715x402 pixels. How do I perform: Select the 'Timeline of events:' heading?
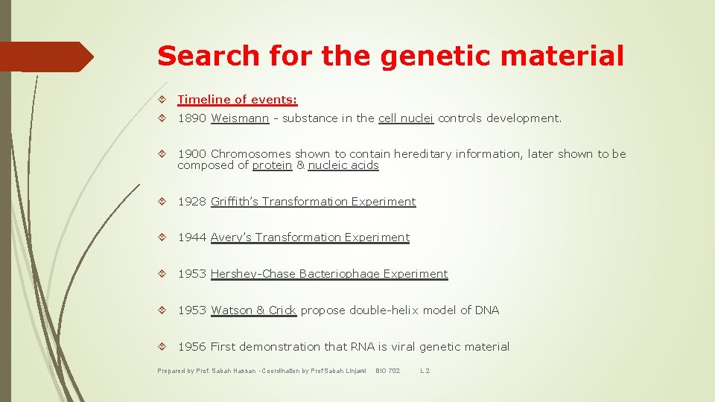237,100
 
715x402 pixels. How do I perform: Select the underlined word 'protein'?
272,165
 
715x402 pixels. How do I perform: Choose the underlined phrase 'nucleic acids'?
343,165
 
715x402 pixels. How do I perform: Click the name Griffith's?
235,202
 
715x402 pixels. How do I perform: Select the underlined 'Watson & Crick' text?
253,310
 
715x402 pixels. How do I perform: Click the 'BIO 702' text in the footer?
388,370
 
